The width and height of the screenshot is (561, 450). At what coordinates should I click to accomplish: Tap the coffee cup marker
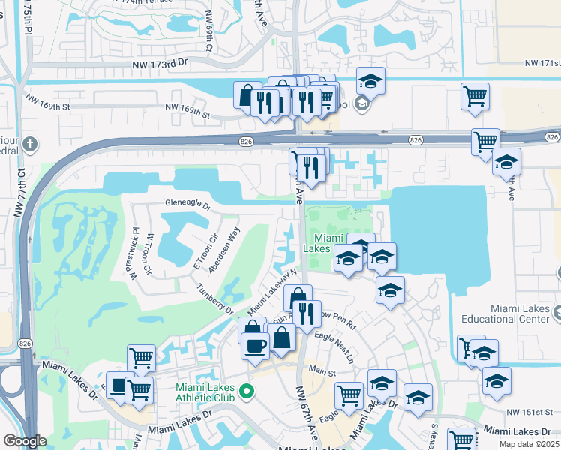(255, 346)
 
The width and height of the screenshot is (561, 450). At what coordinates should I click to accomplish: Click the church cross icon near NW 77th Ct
(30, 143)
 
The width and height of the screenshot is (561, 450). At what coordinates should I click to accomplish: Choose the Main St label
(322, 370)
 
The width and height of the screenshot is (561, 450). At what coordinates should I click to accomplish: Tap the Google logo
(25, 441)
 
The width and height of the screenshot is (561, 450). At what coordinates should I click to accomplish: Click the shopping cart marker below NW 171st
(475, 96)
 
